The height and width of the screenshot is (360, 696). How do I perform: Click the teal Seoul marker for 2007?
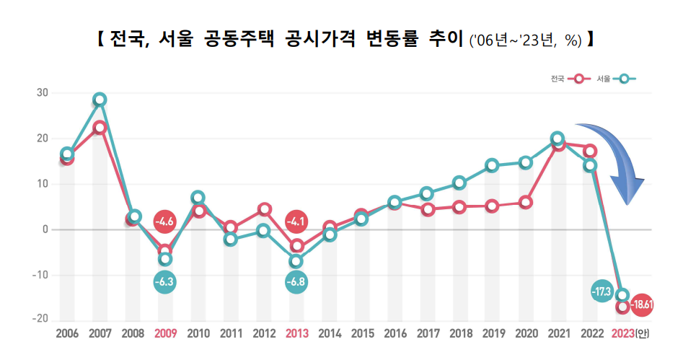[x=100, y=100]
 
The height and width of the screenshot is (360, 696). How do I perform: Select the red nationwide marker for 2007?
[x=100, y=128]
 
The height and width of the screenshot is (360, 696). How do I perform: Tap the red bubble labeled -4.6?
[x=165, y=221]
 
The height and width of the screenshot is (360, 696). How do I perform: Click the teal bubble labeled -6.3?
[x=165, y=281]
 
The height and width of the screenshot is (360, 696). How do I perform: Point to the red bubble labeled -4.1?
[x=296, y=221]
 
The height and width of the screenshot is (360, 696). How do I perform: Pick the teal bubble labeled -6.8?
[x=296, y=281]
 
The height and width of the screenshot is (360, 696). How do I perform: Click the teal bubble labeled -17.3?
[x=601, y=291]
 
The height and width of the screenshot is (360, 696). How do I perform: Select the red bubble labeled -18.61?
[x=641, y=305]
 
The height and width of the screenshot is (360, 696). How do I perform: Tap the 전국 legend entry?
[x=567, y=79]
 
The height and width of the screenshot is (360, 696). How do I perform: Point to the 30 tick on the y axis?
[x=42, y=93]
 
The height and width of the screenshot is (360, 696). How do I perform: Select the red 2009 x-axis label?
[x=165, y=333]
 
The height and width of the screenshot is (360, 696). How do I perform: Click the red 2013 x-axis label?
[x=296, y=333]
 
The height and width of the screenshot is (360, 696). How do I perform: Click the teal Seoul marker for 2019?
[x=492, y=165]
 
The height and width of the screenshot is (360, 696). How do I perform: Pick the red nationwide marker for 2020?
[x=525, y=202]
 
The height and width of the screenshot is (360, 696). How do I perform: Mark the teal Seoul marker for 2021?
[x=558, y=139]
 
